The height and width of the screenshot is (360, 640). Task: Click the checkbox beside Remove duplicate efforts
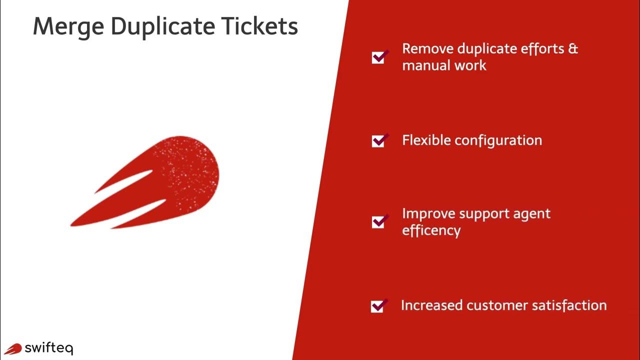pos(379,57)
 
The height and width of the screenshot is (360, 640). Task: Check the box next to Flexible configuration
pos(379,140)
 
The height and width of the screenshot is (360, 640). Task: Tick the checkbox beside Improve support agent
pos(379,221)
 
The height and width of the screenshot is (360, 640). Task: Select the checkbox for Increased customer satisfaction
pos(378,305)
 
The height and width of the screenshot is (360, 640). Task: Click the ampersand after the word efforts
pos(573,48)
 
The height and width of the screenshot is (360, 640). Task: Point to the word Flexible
pos(426,140)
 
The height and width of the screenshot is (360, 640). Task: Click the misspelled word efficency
pos(431,230)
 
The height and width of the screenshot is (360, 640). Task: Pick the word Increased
pos(432,305)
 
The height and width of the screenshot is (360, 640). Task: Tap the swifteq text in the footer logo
pos(48,347)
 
